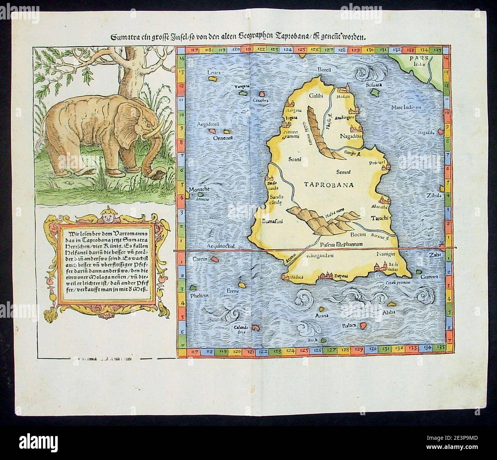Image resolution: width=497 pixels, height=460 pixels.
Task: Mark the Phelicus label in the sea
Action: [x=198, y=296]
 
